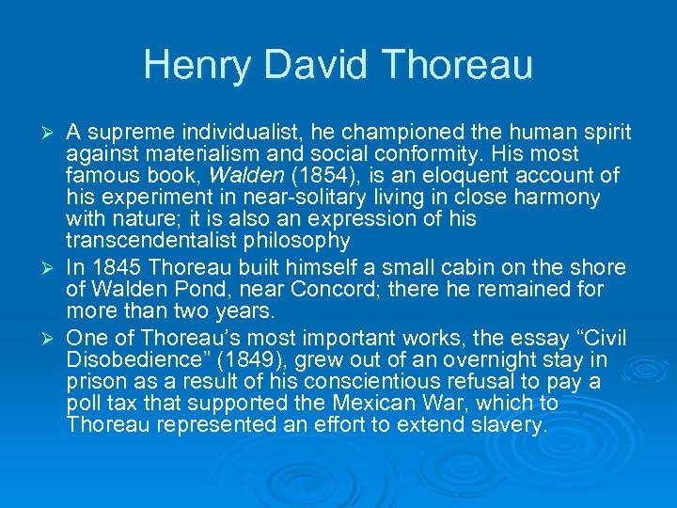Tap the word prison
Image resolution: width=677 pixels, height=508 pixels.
tap(94, 382)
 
